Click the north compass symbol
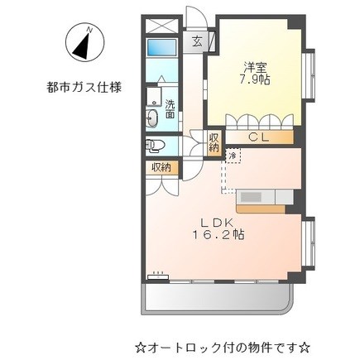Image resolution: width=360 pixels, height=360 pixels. point(84,42)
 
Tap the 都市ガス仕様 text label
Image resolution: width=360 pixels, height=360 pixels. point(84,88)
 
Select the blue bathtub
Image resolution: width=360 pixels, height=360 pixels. point(161,47)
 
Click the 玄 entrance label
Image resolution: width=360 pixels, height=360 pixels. point(197,41)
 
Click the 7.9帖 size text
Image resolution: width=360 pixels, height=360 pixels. point(254,79)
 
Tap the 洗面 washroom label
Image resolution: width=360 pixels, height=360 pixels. point(170,109)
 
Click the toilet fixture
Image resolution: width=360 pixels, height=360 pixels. point(155,146)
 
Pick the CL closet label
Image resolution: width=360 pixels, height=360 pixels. point(258,137)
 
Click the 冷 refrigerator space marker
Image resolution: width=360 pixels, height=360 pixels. point(233,156)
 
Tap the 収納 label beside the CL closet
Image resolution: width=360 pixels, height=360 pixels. point(214,142)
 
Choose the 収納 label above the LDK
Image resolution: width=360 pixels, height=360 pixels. point(161,167)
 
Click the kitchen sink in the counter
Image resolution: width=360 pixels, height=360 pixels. point(252,197)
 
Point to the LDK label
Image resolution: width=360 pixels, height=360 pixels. point(218,222)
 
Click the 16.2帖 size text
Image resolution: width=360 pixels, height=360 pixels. point(218,235)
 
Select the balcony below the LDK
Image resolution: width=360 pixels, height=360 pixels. point(217,299)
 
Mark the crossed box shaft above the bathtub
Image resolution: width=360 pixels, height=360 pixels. point(162,26)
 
